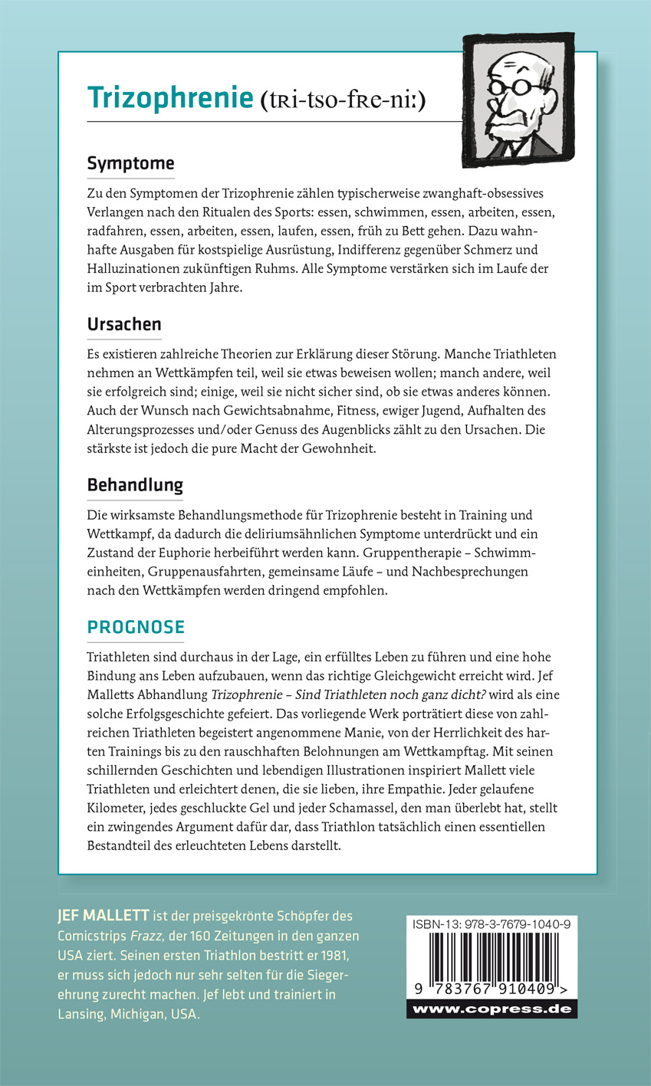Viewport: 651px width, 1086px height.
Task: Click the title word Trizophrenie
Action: pyautogui.click(x=169, y=98)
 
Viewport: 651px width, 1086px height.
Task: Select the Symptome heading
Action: pyautogui.click(x=130, y=163)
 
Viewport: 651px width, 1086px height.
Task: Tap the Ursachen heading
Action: pyautogui.click(x=124, y=324)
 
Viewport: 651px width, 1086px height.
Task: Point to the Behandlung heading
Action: pyautogui.click(x=135, y=485)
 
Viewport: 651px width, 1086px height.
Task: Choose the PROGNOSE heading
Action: pyautogui.click(x=136, y=627)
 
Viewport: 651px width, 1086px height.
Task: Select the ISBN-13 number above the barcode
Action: pyautogui.click(x=491, y=924)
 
